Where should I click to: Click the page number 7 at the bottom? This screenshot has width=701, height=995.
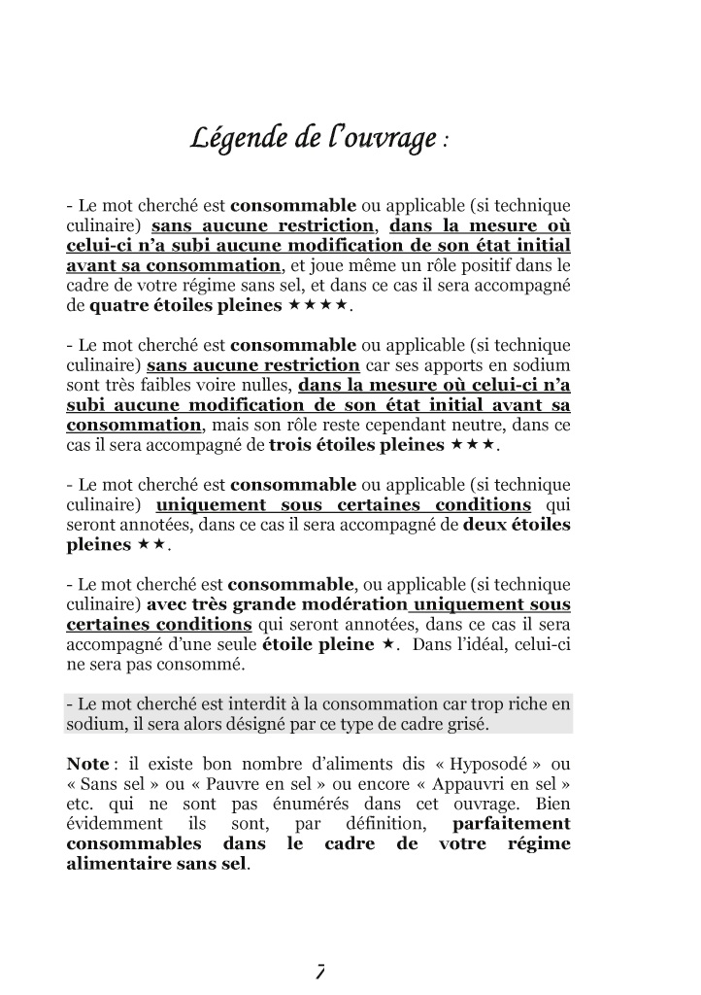click(319, 969)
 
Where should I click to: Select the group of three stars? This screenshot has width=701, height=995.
click(473, 445)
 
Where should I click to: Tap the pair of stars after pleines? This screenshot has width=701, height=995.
click(150, 544)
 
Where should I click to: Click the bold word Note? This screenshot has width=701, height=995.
click(87, 764)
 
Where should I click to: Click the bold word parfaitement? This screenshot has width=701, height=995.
click(512, 824)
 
